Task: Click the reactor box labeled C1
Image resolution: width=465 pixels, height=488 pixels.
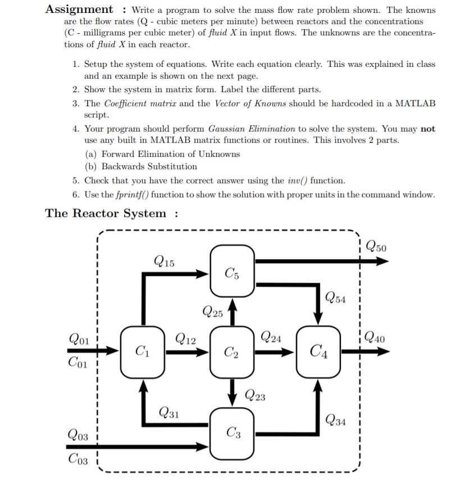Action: coord(143,353)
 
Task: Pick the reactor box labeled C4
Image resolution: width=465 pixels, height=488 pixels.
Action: coord(319,353)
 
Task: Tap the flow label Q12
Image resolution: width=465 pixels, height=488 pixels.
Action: coord(186,339)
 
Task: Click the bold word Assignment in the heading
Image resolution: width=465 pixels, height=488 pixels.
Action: coord(79,9)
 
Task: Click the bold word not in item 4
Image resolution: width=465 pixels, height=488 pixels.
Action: coord(428,129)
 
